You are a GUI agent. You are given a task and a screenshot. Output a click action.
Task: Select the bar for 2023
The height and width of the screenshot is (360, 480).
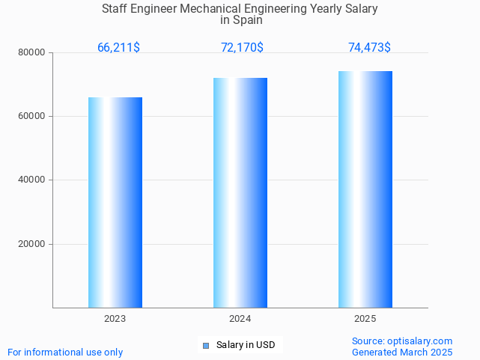point(115,202)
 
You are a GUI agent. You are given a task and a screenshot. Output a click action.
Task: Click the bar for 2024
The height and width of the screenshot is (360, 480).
point(240,192)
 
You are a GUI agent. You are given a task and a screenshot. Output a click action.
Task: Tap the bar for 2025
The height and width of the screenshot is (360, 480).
point(365,189)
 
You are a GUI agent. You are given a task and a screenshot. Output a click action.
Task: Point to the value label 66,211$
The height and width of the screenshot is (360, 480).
point(118,48)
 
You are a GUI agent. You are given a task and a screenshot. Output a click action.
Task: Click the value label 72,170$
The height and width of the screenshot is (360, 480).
point(242,48)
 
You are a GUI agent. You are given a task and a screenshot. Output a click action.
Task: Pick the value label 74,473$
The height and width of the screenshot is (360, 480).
point(369,48)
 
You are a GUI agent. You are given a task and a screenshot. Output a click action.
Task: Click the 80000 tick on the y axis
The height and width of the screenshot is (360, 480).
point(31,53)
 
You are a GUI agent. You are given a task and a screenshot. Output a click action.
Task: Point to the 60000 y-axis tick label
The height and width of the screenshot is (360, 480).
point(31,117)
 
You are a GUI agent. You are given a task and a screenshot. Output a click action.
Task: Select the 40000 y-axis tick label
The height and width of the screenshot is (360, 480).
point(31,180)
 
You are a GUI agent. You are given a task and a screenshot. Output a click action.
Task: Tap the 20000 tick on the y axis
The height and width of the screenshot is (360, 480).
point(31,244)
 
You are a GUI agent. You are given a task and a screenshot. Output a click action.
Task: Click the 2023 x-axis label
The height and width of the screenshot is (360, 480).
point(115,319)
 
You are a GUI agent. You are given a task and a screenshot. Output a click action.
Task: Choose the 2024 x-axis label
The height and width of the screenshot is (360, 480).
point(240,319)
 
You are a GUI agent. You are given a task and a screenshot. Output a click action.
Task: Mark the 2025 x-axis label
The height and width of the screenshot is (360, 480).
point(365,319)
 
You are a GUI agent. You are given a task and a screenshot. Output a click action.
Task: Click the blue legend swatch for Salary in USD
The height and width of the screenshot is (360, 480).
point(206,345)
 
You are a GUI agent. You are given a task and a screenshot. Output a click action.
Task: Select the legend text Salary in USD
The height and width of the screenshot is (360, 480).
point(246,345)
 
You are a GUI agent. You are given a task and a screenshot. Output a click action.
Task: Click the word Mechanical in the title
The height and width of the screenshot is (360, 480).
point(216,9)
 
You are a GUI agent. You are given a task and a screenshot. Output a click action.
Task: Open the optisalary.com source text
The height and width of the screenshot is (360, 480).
point(402,341)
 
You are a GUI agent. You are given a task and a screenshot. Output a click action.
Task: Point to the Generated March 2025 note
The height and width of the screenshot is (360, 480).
point(402,353)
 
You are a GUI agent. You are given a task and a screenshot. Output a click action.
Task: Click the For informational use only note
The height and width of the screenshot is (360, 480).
point(65,353)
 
